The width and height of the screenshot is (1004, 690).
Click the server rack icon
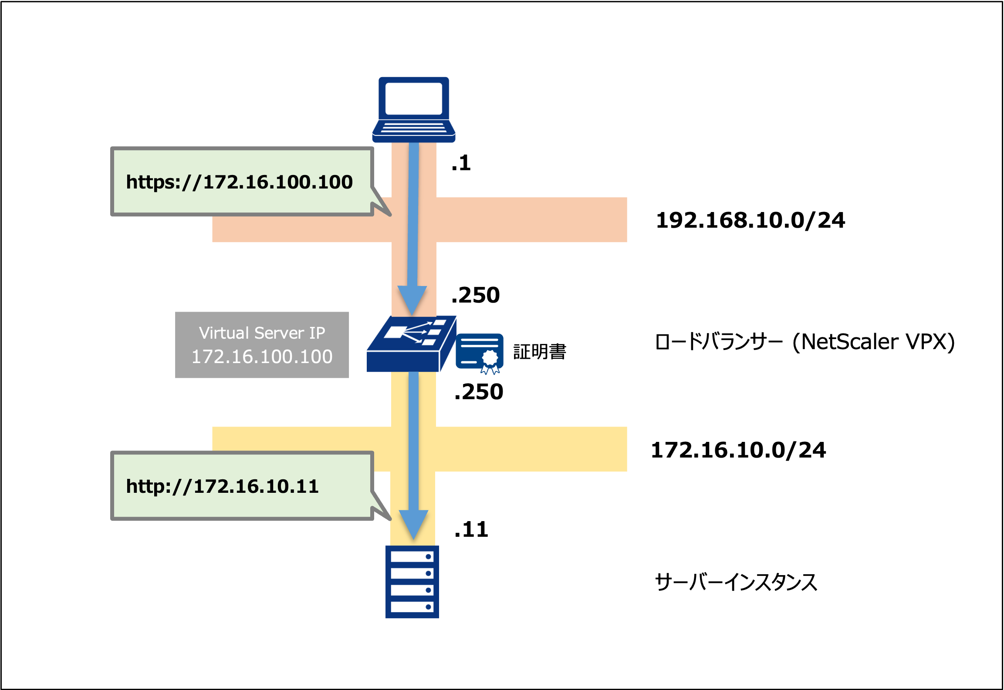coord(412,582)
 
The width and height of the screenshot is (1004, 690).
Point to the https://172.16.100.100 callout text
coord(239,182)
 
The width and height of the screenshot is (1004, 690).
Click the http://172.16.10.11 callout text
coord(222,486)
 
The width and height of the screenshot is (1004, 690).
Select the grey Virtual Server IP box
coord(262,345)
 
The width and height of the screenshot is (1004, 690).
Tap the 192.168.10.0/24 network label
coord(750,220)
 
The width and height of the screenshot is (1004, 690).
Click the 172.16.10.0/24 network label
coord(738,450)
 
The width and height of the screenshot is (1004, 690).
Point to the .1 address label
coord(461,163)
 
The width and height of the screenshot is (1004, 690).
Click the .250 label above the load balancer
coord(475,295)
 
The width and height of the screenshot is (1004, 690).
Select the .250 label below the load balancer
coord(478,392)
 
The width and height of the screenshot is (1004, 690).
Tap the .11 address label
coord(471,529)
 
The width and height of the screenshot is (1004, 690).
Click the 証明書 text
coord(540,352)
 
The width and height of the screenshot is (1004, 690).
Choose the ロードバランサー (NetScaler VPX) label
coord(804,342)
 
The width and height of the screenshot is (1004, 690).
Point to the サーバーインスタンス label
coord(736,582)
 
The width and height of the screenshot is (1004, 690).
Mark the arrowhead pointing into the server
coord(413,524)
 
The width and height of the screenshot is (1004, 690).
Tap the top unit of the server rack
coord(412,557)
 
